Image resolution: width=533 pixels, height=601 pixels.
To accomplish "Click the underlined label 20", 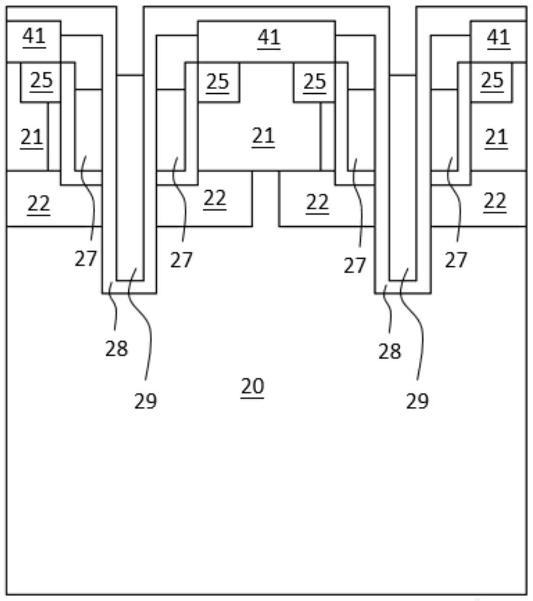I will (252, 386).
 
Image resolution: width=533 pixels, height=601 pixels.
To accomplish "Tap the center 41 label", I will (269, 38).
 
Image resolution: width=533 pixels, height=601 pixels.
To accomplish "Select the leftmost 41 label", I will (34, 37).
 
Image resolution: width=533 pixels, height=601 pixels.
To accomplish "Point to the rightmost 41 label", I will (498, 38).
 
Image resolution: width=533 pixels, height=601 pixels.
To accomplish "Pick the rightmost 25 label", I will (492, 80).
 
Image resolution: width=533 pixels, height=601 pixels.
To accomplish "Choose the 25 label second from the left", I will (218, 81).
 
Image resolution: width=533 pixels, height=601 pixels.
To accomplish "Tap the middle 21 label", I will (263, 136).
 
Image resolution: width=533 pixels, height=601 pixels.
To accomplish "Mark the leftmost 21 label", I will (31, 137).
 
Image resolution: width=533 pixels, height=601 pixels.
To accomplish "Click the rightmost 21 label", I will (496, 137).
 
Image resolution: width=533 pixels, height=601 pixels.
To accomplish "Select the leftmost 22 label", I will (39, 204).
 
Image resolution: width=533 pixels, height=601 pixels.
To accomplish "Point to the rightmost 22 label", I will (494, 201).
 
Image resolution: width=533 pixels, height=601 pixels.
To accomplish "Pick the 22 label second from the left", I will (215, 199).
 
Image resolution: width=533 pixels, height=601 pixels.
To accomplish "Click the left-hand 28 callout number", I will (117, 349).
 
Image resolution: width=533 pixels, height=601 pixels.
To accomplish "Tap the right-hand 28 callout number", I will (389, 351).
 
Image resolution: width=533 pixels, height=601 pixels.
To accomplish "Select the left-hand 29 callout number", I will (146, 401).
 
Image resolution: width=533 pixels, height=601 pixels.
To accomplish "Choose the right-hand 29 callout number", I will (417, 401).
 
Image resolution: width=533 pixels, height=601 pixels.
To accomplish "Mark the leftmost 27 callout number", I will (86, 259).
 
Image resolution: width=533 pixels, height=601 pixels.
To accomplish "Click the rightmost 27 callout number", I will (455, 260).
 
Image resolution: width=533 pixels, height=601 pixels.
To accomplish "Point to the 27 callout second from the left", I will (181, 260).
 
